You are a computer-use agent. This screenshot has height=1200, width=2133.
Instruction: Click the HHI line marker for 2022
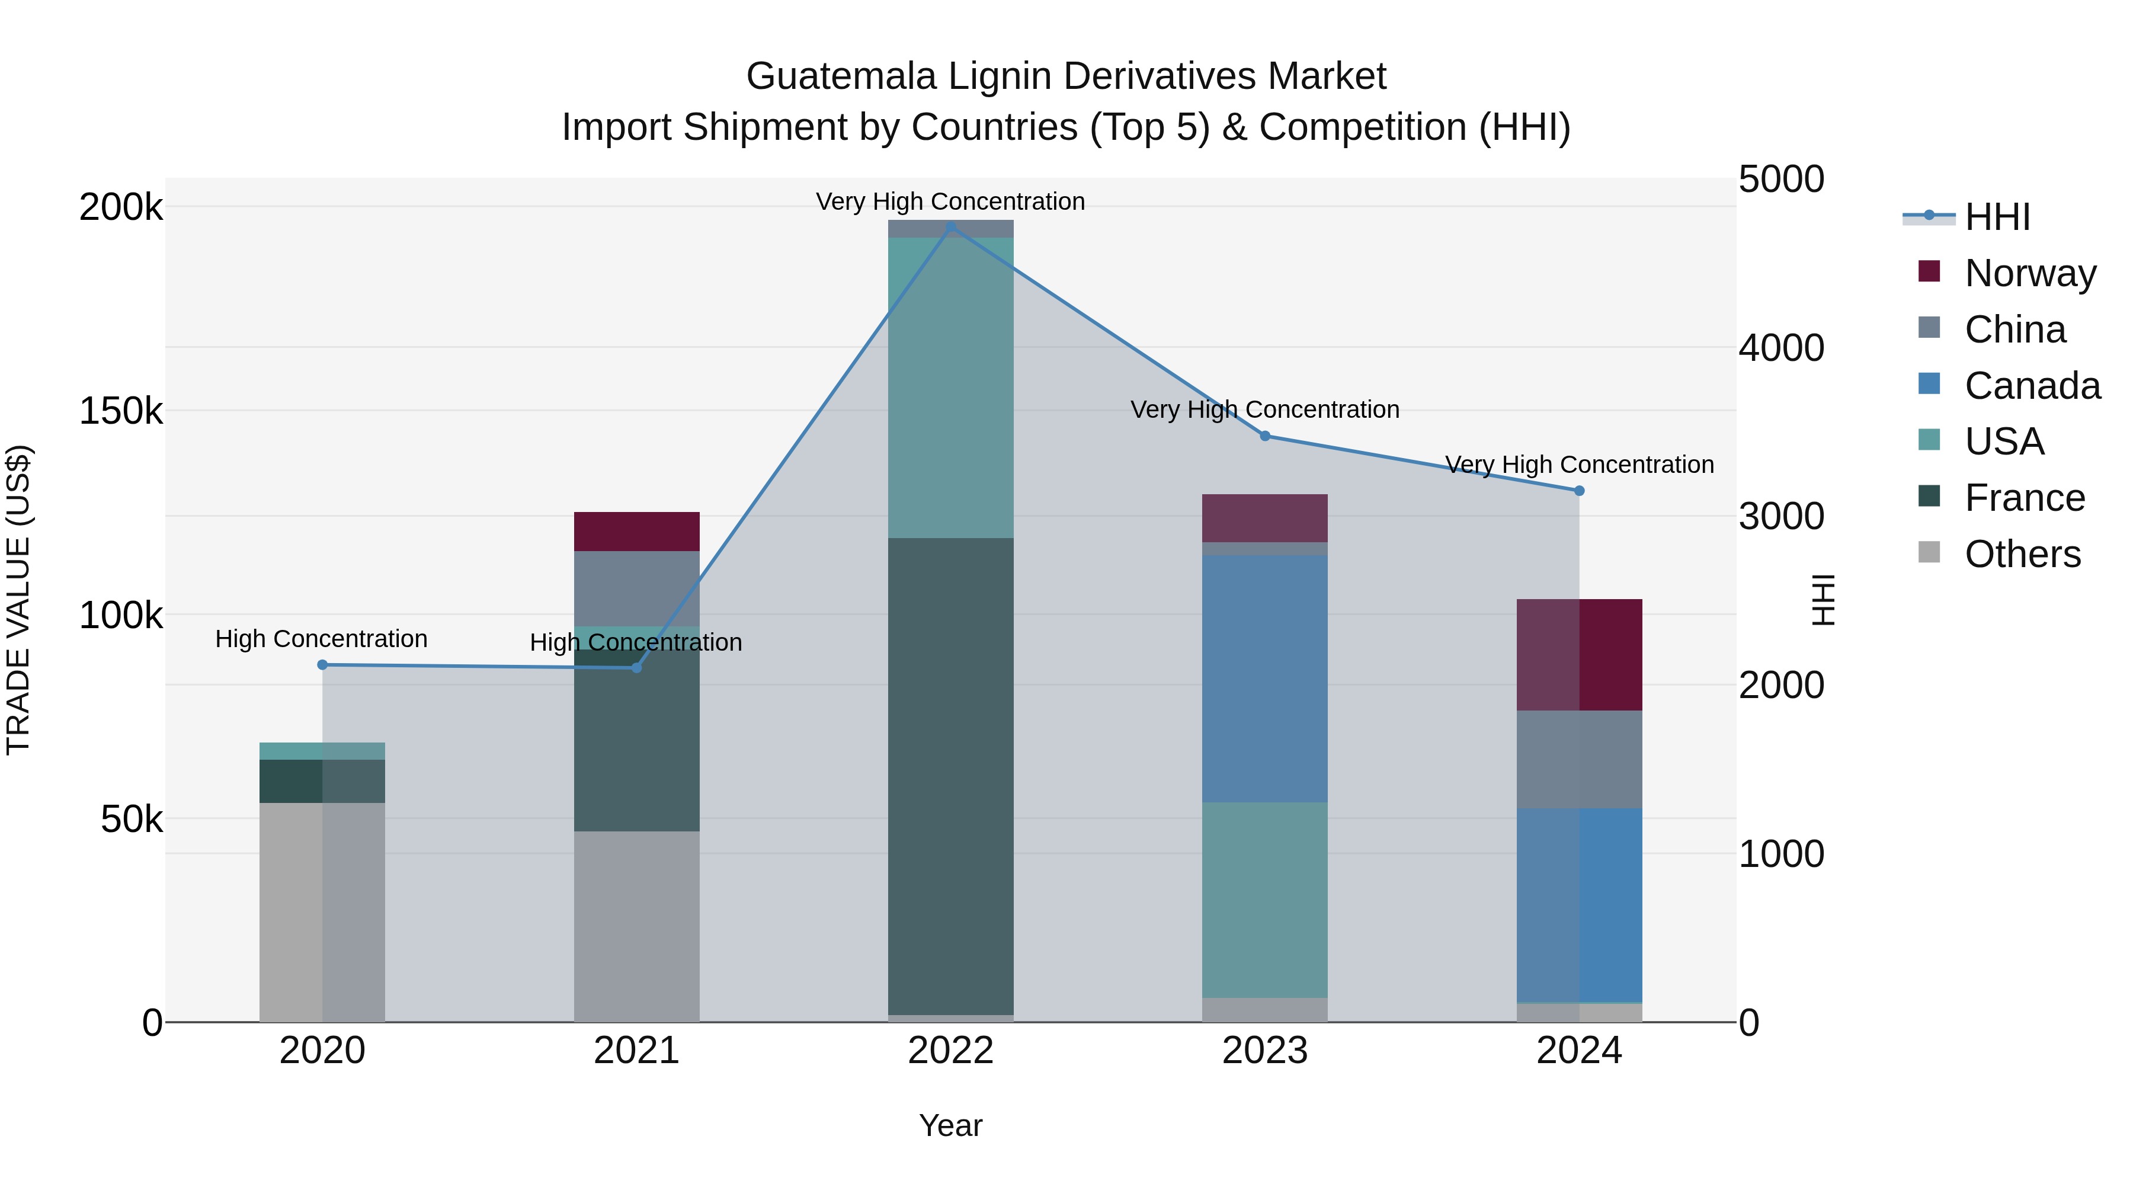point(950,226)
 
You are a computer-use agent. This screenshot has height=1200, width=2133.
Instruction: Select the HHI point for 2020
point(322,665)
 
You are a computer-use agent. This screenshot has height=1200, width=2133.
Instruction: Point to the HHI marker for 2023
point(1264,436)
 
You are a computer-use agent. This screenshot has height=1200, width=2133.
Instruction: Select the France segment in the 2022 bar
point(950,776)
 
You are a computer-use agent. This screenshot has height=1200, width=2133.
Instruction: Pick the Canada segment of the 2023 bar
point(1264,679)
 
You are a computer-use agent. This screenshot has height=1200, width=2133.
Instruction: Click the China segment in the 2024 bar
point(1578,760)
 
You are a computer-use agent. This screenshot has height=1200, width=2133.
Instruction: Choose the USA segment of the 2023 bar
point(1264,900)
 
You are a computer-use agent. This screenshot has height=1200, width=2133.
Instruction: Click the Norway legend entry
point(2030,273)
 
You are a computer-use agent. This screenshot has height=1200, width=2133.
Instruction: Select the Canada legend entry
point(2032,386)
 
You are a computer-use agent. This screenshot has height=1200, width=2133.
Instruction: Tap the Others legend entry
point(2022,554)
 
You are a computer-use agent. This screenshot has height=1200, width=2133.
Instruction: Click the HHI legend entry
point(1997,217)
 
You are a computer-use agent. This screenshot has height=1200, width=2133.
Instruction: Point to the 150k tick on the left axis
point(121,411)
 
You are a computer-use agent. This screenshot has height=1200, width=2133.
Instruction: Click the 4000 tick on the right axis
point(1781,348)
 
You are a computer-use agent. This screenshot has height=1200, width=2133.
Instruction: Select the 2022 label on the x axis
point(950,1051)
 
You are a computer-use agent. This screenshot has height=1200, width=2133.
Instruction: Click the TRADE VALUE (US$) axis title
point(19,600)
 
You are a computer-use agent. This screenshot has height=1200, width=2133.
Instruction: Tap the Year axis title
point(950,1125)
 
